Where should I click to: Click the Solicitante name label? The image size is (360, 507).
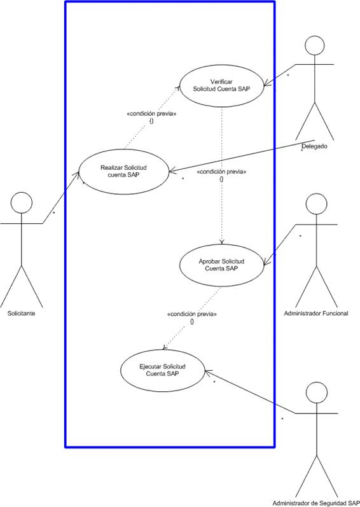22,314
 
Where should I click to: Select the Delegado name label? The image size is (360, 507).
314,146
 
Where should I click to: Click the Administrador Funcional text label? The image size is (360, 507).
316,313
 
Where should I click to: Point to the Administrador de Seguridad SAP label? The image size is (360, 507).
315,503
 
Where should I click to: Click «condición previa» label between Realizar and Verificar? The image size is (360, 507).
151,114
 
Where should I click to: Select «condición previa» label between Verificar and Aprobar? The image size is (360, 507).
221,172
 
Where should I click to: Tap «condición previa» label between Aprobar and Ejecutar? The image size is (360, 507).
192,314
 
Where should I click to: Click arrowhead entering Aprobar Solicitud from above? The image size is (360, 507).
222,242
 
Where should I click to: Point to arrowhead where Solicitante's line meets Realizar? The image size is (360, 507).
77,174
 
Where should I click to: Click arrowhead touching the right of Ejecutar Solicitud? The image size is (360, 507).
207,372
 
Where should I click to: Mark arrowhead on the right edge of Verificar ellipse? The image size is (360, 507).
267,85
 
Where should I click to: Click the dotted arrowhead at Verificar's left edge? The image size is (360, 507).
178,88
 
